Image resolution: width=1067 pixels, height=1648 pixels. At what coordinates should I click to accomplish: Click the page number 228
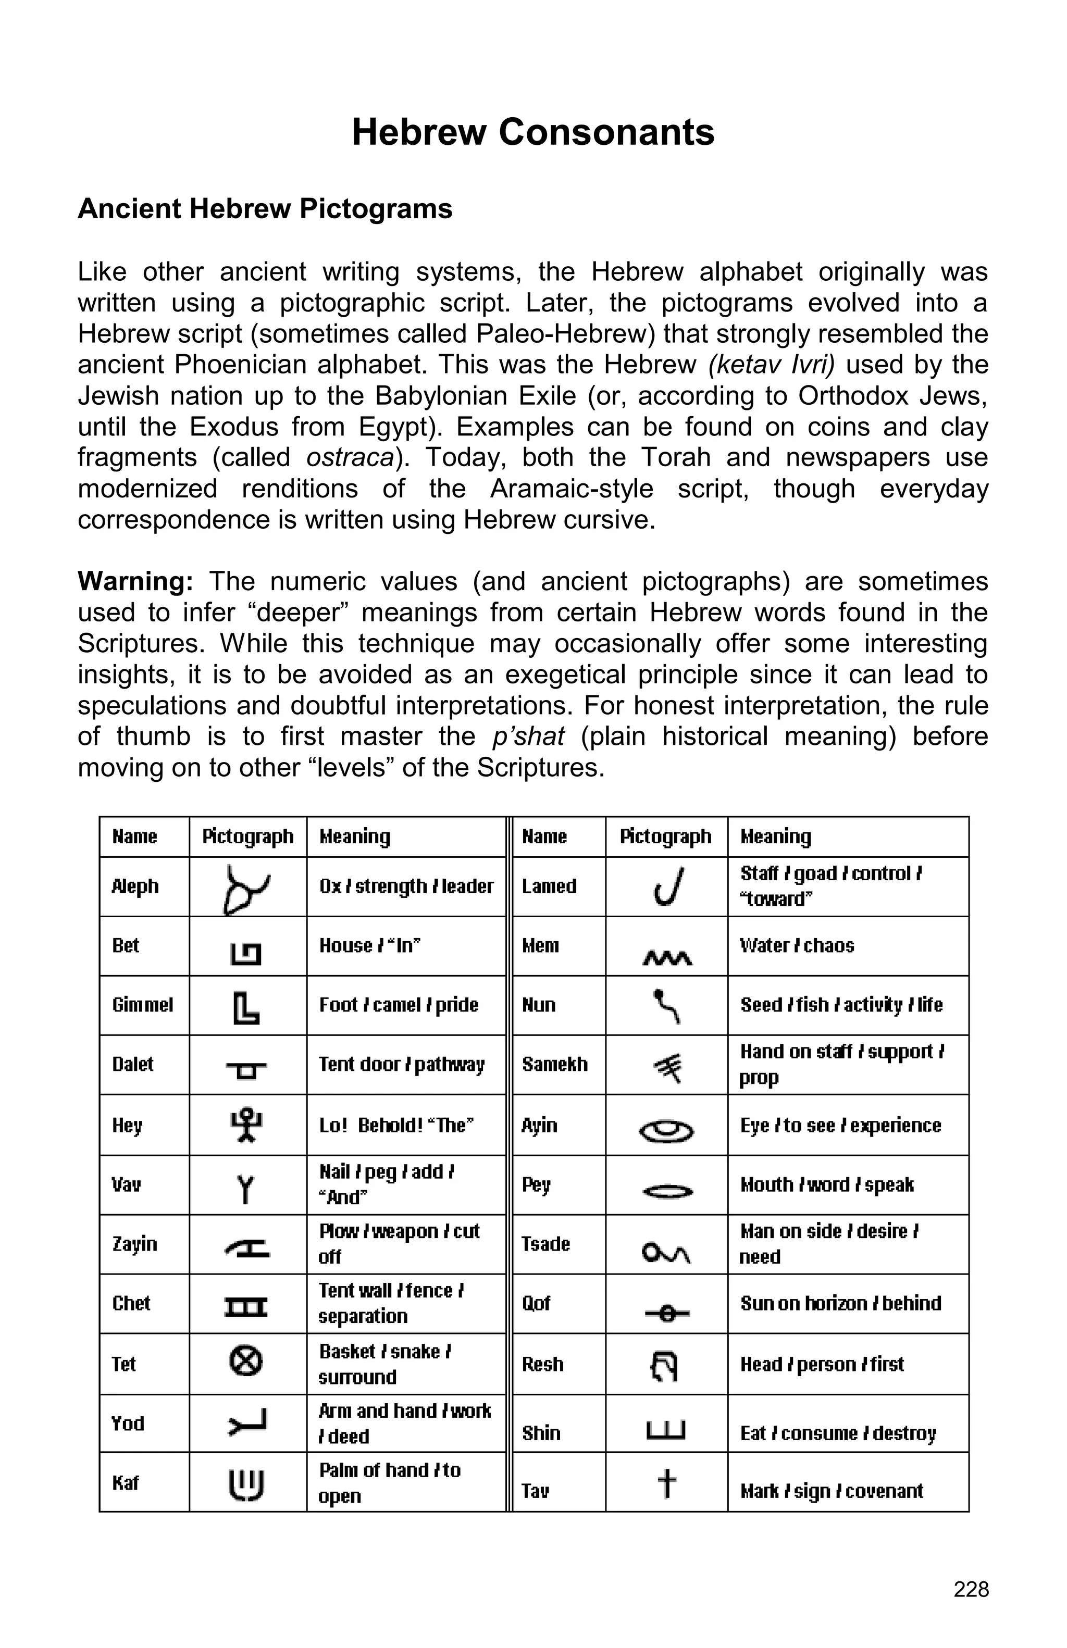971,1589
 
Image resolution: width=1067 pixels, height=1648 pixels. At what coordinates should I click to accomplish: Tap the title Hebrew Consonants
532,132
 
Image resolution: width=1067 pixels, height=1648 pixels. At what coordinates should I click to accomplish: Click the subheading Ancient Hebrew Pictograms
265,208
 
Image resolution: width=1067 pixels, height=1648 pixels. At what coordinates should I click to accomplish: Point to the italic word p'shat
528,736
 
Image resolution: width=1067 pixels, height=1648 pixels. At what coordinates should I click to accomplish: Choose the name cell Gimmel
143,1005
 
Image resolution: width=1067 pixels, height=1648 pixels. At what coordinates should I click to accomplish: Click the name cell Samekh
555,1064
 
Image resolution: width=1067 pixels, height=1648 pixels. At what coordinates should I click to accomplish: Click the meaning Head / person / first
822,1364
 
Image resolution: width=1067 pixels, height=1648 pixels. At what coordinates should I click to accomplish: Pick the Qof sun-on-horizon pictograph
666,1312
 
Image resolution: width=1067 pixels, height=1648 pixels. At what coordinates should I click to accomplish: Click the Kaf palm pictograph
246,1483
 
